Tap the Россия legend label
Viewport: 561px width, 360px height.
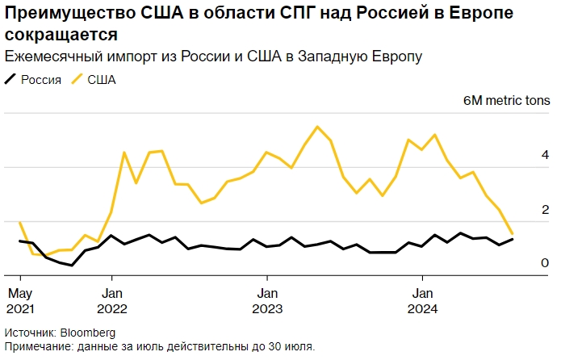point(41,79)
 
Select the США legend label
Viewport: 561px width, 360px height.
point(102,79)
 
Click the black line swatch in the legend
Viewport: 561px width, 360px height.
point(10,79)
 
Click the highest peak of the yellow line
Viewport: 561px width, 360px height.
point(317,127)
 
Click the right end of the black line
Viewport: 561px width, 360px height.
point(513,239)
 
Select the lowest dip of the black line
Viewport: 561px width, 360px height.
point(72,265)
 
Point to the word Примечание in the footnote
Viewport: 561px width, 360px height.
point(35,346)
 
